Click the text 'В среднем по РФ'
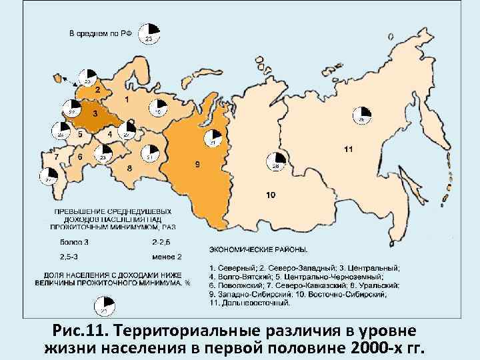coord(101,33)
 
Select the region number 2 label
coord(98,89)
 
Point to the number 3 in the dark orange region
coord(95,114)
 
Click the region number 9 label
coord(197,165)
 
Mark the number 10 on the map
coord(269,195)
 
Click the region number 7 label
coord(57,156)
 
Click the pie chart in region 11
coord(362,115)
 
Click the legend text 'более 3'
coord(73,241)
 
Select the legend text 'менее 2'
coord(167,257)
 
